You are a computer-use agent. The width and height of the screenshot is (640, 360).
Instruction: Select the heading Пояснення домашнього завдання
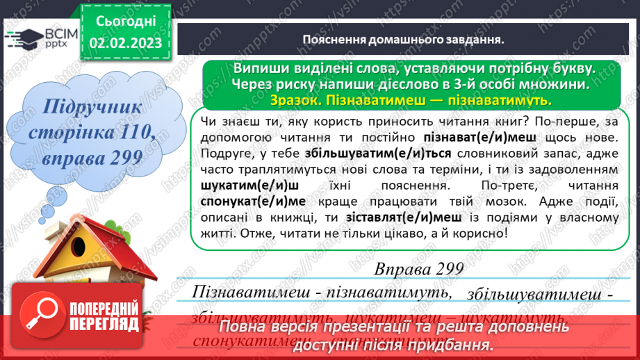[x=403, y=40]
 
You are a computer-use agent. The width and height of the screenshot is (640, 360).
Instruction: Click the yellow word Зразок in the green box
[x=294, y=100]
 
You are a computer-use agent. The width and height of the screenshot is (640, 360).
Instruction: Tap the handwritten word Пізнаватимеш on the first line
[x=247, y=292]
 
